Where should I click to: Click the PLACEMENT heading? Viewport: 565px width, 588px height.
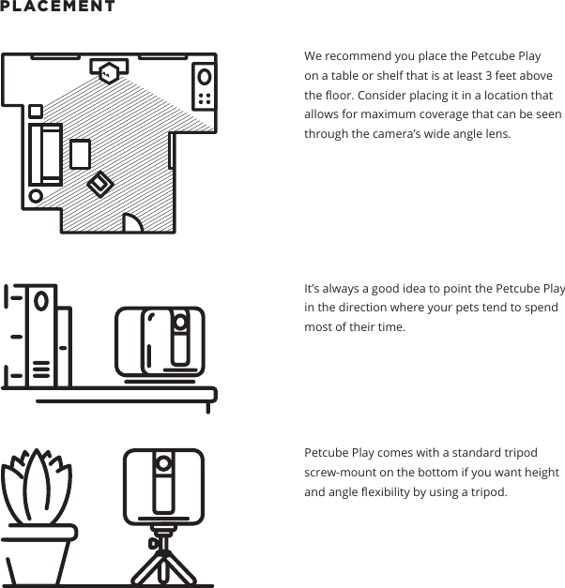[58, 7]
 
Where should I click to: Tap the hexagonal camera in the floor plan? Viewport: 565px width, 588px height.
[111, 69]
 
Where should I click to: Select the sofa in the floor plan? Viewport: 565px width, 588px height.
[45, 154]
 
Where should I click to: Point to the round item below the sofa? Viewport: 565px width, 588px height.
[36, 197]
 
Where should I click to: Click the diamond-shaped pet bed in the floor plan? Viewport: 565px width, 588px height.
[99, 185]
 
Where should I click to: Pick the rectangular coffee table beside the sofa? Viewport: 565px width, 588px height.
[80, 154]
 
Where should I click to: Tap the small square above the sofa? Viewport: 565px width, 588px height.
[36, 111]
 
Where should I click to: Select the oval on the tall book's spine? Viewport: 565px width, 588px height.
[40, 302]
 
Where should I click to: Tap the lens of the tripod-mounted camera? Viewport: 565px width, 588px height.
[163, 463]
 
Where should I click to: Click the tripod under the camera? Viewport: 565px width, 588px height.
[163, 560]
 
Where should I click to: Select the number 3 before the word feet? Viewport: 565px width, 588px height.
[489, 76]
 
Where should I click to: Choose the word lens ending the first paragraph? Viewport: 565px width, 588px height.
[496, 134]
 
